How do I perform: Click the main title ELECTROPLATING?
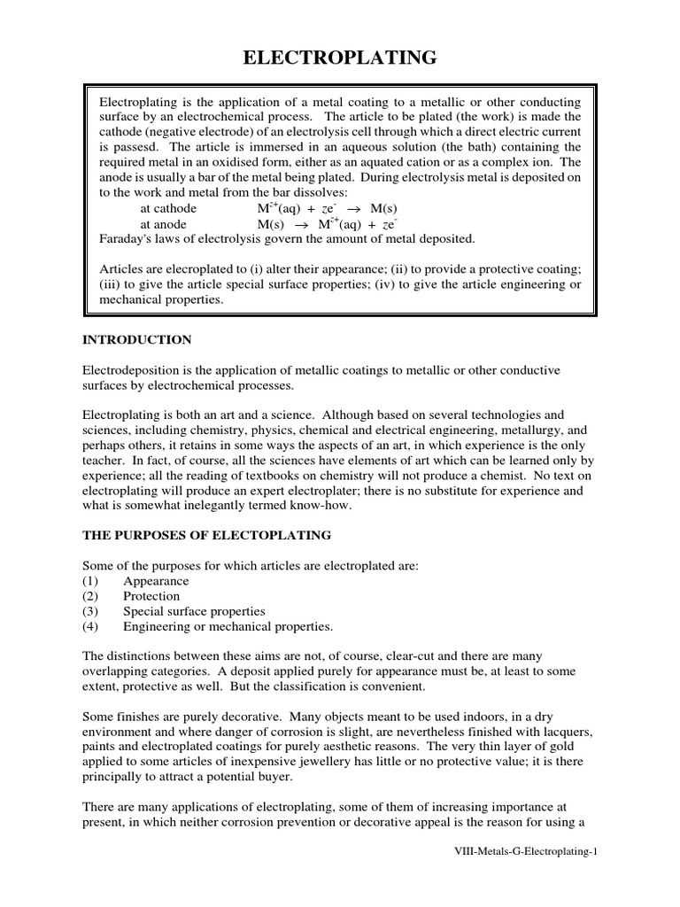pos(340,59)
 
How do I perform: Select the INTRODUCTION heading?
pos(136,339)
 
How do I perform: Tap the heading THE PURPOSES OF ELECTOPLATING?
pos(206,534)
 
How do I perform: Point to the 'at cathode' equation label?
pos(169,208)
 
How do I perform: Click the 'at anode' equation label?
pos(164,224)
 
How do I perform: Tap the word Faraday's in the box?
pos(126,239)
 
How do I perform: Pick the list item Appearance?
pos(156,581)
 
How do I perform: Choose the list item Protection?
pos(151,596)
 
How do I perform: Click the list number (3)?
pos(92,611)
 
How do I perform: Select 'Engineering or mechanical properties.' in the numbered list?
pos(228,626)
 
